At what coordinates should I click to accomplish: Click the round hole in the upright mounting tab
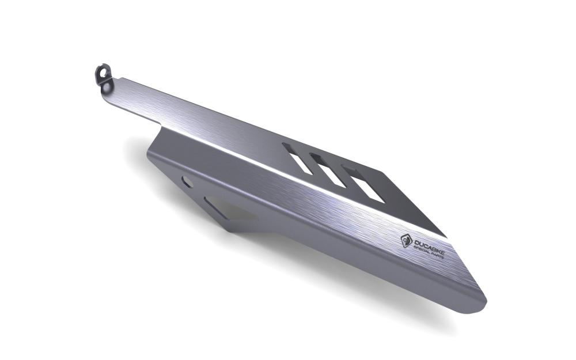pos(103,73)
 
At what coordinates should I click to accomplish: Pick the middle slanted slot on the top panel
pos(328,170)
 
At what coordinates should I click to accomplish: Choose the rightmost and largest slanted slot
pos(363,184)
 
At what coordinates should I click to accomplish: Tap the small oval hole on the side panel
pos(187,182)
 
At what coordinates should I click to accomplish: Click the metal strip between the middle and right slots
pos(343,175)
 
